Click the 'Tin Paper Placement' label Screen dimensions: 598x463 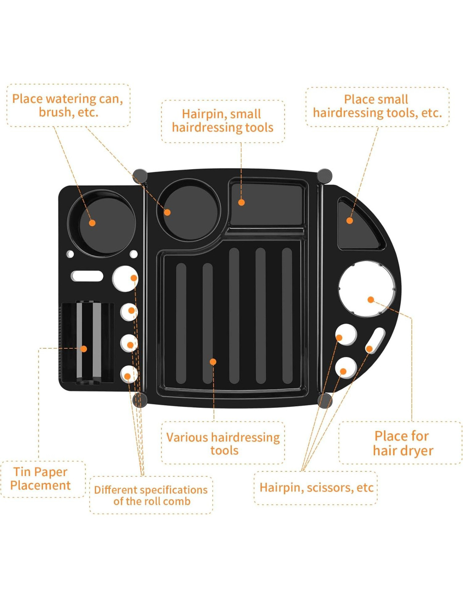40,479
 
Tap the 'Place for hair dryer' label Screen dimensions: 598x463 402,443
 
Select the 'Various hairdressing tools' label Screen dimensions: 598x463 223,443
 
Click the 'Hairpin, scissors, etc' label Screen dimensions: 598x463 316,487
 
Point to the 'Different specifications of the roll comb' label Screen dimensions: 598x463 151,495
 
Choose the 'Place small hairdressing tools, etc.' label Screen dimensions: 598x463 377,106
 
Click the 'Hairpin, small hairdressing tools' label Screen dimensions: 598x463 223,121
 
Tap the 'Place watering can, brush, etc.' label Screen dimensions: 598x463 68,105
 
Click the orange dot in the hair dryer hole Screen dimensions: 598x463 371,299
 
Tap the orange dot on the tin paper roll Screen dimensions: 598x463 84,349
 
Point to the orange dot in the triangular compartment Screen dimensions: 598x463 349,220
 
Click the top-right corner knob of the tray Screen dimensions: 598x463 324,176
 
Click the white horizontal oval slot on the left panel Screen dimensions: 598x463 87,276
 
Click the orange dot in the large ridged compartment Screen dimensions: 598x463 213,362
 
